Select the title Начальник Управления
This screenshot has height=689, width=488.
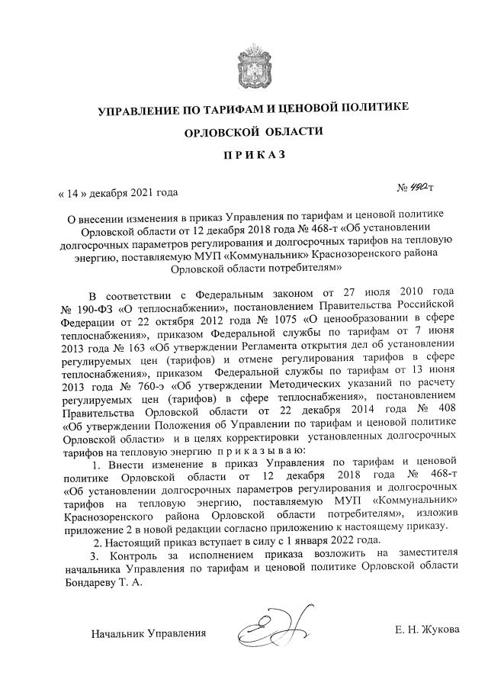149,633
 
